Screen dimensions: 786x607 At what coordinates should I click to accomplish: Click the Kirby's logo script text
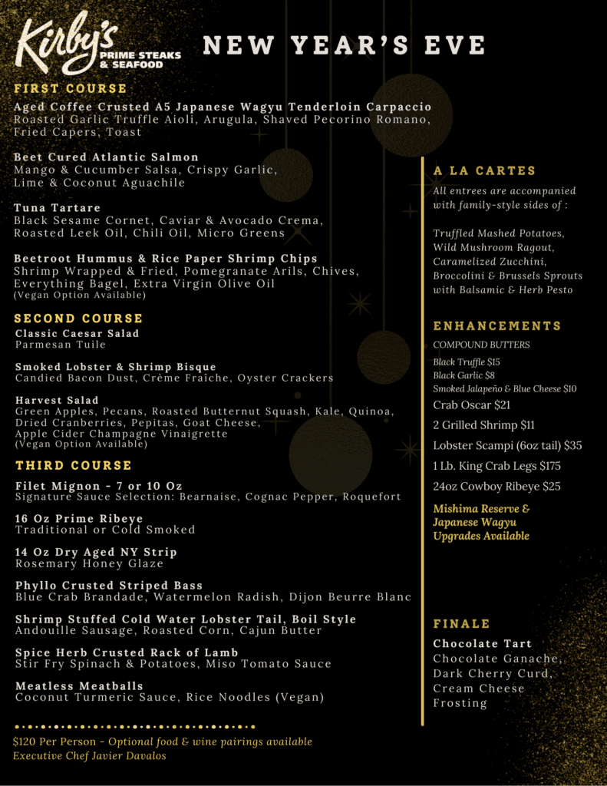(x=65, y=42)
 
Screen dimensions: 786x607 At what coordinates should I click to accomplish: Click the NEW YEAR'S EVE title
(x=344, y=45)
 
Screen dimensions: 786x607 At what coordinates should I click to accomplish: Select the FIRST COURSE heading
(x=70, y=89)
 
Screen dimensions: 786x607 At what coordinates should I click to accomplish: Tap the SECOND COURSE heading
(x=78, y=319)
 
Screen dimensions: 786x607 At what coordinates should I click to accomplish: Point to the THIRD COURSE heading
(x=73, y=466)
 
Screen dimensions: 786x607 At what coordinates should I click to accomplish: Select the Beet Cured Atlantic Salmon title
(x=106, y=157)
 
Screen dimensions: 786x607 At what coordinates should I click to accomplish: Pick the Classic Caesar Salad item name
(x=77, y=334)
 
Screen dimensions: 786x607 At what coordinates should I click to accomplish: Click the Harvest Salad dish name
(x=57, y=401)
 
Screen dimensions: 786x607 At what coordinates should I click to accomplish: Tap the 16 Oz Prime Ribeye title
(x=79, y=519)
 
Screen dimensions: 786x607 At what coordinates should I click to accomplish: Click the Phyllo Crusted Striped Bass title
(x=109, y=586)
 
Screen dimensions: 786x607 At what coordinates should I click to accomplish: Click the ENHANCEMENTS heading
(x=497, y=326)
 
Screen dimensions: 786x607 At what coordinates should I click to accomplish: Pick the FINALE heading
(x=461, y=624)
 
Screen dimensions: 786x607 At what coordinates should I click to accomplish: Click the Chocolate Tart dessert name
(x=482, y=644)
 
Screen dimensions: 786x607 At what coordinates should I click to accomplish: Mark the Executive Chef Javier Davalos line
(x=89, y=756)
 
